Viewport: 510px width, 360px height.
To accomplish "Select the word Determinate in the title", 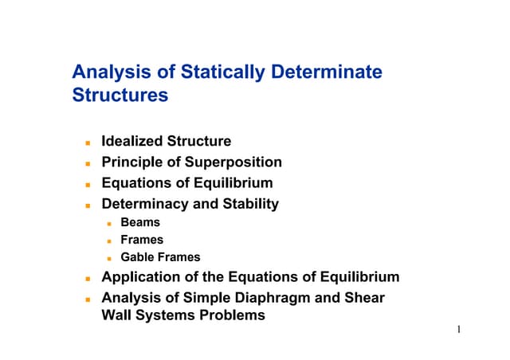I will (327, 73).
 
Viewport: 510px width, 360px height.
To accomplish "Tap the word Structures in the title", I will (120, 96).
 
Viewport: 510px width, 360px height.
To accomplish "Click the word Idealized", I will (132, 142).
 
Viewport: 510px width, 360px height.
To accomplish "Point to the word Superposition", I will (236, 162).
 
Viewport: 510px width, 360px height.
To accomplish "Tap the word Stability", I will (251, 204).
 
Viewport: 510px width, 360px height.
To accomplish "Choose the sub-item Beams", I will (140, 222).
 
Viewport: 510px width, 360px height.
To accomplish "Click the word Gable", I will (137, 257).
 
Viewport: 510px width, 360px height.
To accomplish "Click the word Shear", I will (364, 298).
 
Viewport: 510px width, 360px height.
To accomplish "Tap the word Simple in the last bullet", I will (212, 298).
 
